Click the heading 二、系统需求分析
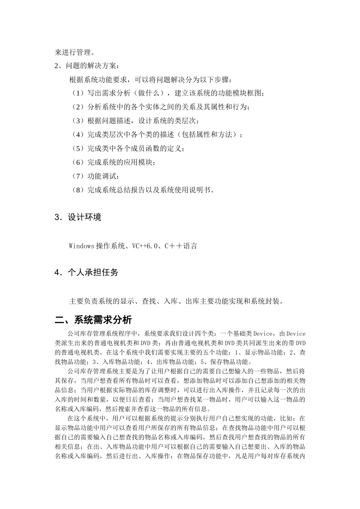pyautogui.click(x=93, y=320)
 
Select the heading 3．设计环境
pyautogui.click(x=78, y=217)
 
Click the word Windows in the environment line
pyautogui.click(x=81, y=246)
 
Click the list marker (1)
pyautogui.click(x=78, y=93)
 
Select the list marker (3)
pyautogui.click(x=78, y=121)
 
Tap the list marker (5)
pyautogui.click(x=78, y=148)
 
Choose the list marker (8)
pyautogui.click(x=78, y=190)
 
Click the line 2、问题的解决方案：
pyautogui.click(x=87, y=66)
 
